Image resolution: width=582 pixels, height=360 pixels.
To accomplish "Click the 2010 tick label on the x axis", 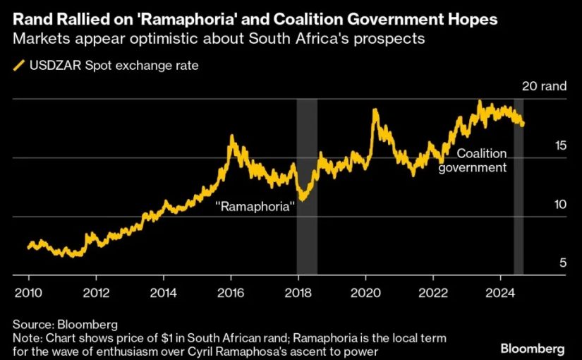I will [x=29, y=293].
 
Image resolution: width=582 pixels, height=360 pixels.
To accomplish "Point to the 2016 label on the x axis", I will [x=231, y=293].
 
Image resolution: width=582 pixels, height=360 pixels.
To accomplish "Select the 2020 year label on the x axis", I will [x=366, y=293].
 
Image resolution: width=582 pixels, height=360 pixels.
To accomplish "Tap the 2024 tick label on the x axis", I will [x=501, y=293].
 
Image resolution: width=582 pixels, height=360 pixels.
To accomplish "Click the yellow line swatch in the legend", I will [x=17, y=66].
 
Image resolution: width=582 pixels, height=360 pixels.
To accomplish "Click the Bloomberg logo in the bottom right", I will [x=532, y=349].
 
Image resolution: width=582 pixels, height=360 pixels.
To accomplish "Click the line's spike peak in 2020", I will [x=374, y=110].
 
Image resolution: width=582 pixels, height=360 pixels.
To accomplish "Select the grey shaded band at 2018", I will [x=306, y=186].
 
